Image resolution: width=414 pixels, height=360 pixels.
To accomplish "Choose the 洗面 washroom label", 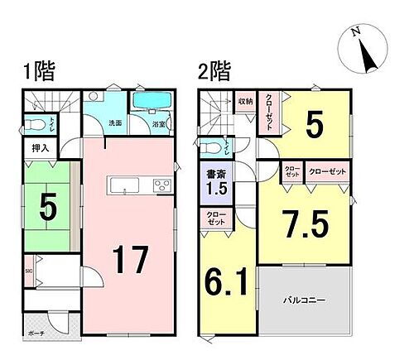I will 115,123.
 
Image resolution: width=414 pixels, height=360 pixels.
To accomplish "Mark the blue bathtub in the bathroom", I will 151,102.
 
